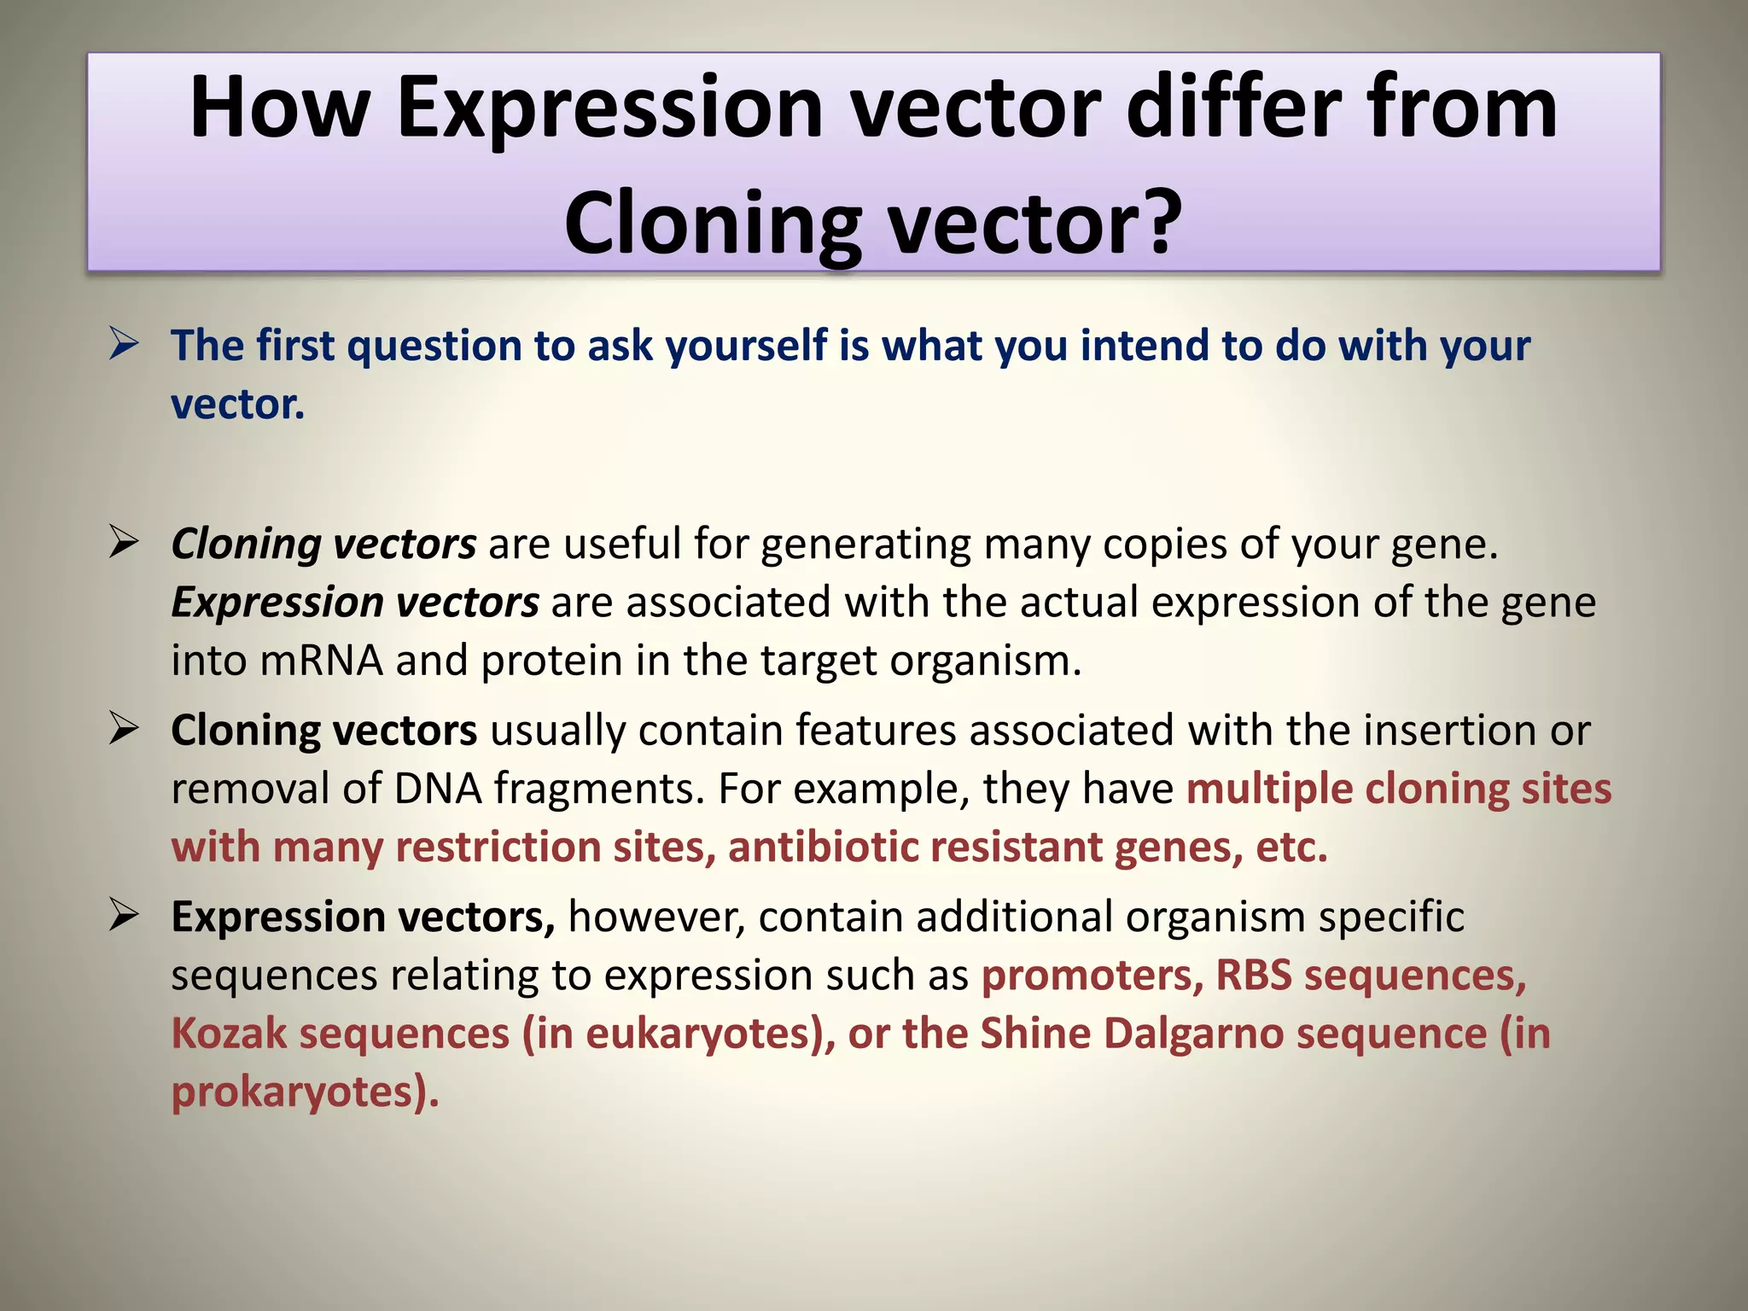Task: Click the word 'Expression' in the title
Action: point(609,109)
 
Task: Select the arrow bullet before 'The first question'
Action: point(125,345)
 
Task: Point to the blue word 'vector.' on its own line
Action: point(237,405)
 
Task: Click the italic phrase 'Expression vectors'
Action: point(355,603)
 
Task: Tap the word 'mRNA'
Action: point(321,661)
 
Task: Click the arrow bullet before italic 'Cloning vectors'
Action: point(125,543)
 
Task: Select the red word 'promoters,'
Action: point(1092,976)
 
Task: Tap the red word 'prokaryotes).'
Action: point(305,1092)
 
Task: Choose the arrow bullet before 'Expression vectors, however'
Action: point(125,917)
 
